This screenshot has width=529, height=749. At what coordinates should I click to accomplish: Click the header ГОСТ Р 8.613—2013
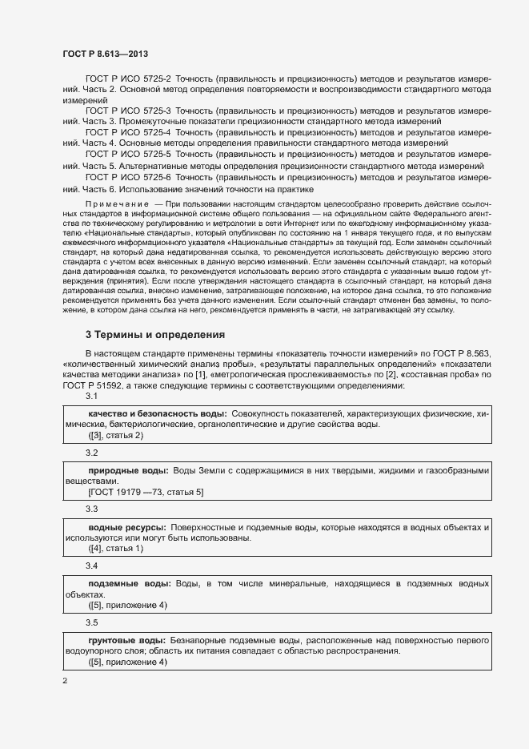click(104, 53)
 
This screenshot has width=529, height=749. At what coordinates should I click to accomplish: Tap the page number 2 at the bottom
click(65, 681)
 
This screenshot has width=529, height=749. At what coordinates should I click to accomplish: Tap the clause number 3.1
click(91, 397)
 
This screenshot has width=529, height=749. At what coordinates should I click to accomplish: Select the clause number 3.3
click(91, 509)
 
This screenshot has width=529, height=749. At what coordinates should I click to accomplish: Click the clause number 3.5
click(91, 622)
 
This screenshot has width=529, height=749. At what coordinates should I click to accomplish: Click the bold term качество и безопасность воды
click(157, 414)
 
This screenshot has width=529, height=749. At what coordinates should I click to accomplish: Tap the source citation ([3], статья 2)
click(115, 435)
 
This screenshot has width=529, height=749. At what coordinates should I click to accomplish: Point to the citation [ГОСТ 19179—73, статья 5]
click(146, 492)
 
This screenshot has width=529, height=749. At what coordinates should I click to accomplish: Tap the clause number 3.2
click(91, 453)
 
